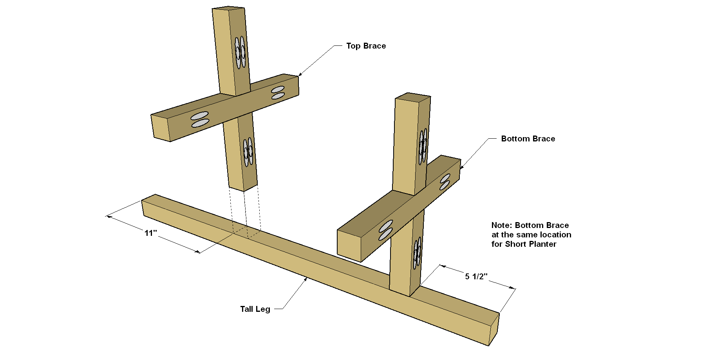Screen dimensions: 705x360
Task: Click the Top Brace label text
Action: pos(366,46)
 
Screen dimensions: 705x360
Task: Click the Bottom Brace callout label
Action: pos(528,139)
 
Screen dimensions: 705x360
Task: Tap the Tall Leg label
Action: pos(255,309)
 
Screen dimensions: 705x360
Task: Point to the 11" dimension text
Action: pos(151,233)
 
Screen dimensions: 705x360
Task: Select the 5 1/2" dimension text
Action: pos(476,277)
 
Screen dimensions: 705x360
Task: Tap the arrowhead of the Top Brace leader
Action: pos(300,74)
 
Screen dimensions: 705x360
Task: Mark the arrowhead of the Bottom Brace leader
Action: pos(462,167)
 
